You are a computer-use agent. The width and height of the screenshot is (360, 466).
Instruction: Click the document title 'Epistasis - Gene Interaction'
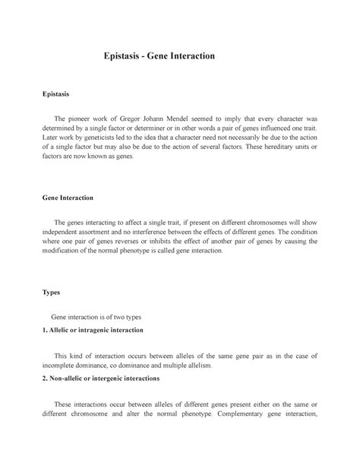(x=160, y=56)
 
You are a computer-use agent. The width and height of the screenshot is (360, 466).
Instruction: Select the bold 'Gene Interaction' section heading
(x=68, y=198)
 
